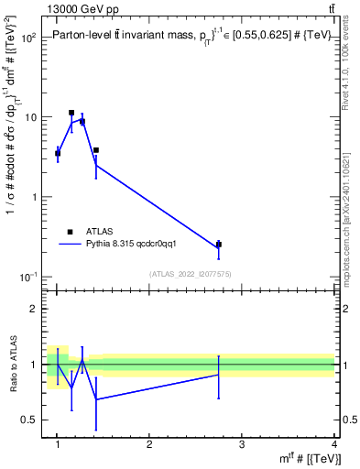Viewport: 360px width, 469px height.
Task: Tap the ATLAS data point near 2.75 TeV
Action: coord(218,245)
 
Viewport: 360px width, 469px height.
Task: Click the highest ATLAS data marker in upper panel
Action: coord(71,113)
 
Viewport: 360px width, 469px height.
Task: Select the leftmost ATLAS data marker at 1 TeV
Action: coord(58,153)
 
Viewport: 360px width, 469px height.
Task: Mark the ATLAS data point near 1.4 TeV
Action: coord(96,150)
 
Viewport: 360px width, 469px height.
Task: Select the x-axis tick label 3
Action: coord(242,444)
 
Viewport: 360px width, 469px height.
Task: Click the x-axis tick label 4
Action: coord(334,444)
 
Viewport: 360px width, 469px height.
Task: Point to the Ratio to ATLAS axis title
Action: coord(13,364)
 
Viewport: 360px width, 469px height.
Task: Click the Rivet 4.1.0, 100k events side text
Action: coord(350,73)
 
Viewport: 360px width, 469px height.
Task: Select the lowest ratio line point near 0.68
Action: coord(96,399)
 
